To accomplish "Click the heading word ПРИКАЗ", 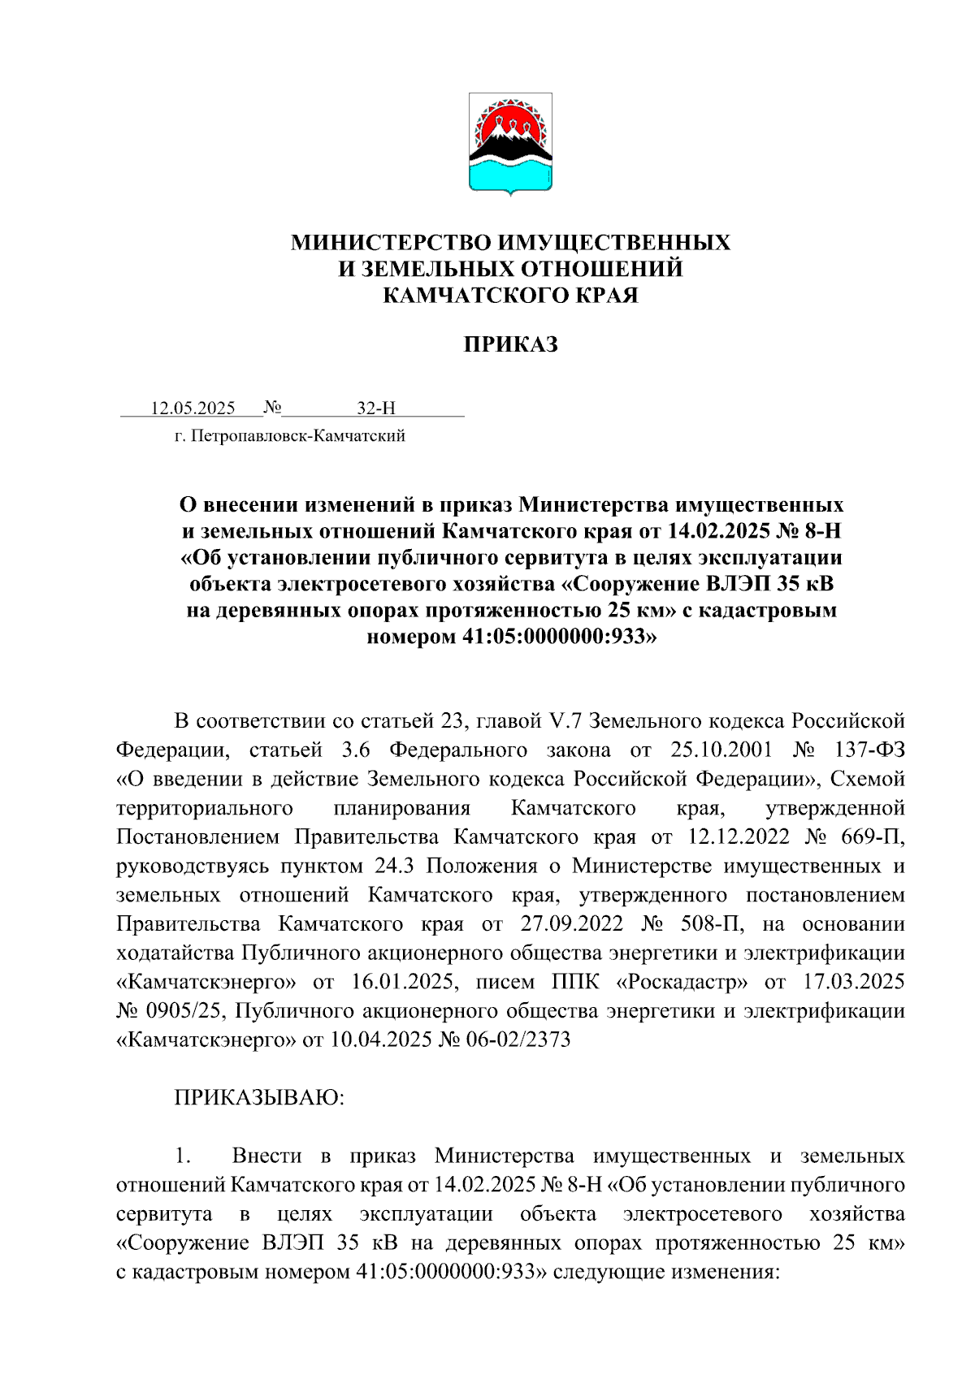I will [510, 345].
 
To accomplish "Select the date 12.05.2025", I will [193, 408].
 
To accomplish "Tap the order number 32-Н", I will [376, 408].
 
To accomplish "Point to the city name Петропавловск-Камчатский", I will [297, 437].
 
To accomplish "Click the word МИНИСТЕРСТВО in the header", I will [391, 243].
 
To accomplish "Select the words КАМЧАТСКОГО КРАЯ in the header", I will [510, 296].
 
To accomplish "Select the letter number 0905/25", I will [182, 1011].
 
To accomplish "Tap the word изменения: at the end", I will [724, 1272].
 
